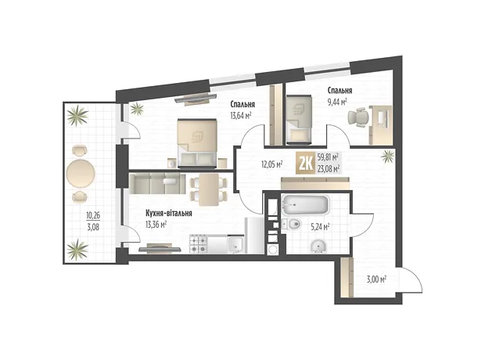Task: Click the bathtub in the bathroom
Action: [304, 205]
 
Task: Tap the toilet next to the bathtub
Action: [291, 224]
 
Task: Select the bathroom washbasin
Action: [318, 247]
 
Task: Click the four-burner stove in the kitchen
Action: [198, 244]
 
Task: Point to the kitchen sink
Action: [236, 244]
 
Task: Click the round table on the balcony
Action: [81, 173]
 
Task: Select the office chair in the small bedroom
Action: [358, 117]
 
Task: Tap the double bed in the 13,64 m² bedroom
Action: [197, 143]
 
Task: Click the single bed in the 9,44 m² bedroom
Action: [299, 120]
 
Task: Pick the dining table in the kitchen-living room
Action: [209, 189]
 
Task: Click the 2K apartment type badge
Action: [306, 163]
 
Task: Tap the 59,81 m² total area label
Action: [328, 157]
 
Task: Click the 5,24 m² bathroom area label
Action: [320, 228]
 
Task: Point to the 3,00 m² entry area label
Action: [376, 280]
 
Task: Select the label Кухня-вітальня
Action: [168, 214]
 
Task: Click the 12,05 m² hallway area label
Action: [272, 164]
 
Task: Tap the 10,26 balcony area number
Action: [93, 214]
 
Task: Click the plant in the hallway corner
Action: [387, 157]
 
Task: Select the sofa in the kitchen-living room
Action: [157, 184]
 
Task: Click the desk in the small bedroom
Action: [381, 125]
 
